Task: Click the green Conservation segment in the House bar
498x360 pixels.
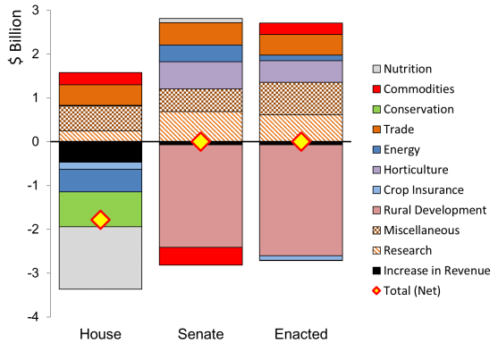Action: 100,209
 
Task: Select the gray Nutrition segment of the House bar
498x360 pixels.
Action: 100,258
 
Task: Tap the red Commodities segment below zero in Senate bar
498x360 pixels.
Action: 201,255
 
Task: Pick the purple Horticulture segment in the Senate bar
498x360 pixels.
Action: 201,75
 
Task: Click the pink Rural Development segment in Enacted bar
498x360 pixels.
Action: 300,200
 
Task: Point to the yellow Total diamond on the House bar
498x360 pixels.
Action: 100,220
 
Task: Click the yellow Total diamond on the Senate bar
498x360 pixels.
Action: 201,141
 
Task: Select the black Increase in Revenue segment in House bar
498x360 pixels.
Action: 100,152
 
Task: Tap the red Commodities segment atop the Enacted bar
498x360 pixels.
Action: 300,29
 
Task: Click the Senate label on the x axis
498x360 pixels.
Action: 201,334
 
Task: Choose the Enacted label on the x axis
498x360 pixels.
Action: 301,334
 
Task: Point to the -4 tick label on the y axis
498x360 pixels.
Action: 32,317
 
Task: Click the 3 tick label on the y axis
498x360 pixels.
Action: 35,10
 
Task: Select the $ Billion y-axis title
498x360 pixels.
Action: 15,37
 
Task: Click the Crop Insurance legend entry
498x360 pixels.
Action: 418,190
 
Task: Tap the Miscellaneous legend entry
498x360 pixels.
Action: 416,230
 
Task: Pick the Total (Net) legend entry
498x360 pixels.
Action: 407,291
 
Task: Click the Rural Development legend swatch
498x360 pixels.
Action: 376,210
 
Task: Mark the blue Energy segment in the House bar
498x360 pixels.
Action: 100,180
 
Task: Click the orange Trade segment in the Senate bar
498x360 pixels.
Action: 201,34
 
